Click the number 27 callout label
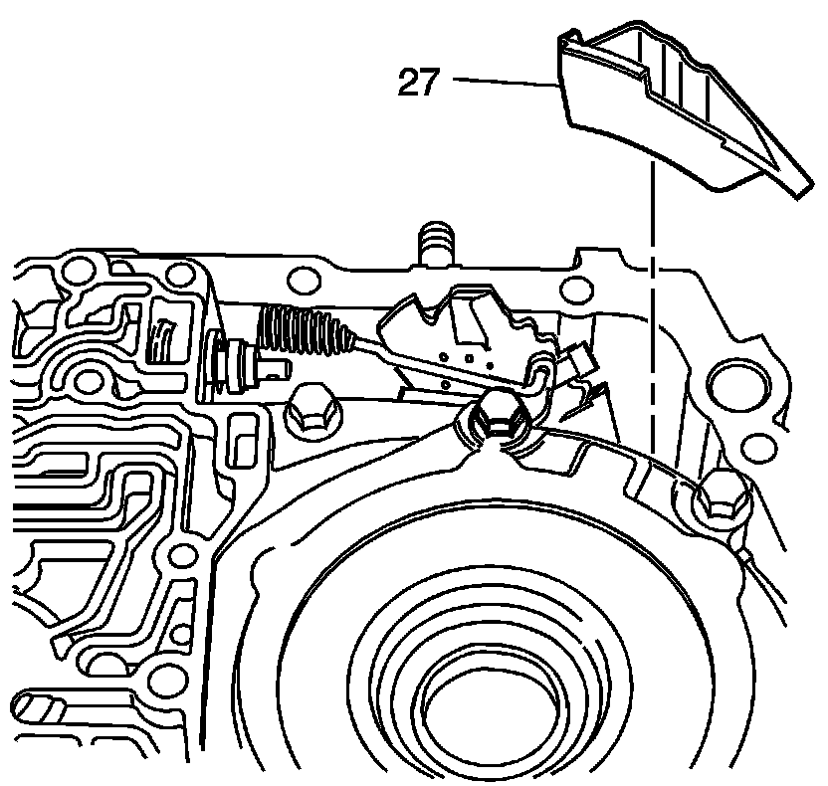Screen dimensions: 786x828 click(x=418, y=83)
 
